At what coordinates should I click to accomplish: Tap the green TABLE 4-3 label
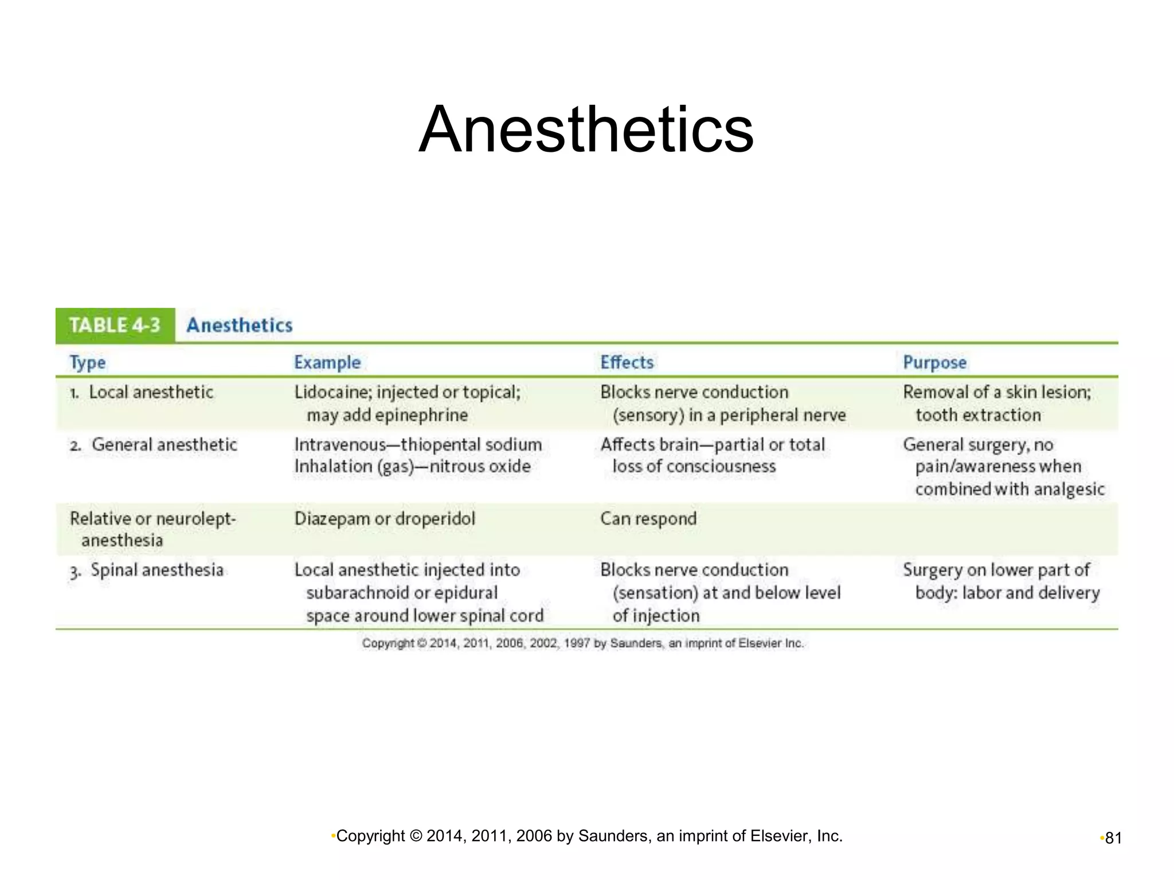115,325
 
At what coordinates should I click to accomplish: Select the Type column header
87,363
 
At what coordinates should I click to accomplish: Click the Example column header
327,363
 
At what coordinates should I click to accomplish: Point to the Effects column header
627,363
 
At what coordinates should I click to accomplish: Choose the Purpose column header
934,363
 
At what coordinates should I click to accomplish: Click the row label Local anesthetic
151,392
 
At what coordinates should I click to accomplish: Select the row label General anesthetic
164,445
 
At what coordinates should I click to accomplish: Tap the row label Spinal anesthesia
156,570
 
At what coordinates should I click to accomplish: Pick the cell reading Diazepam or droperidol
385,519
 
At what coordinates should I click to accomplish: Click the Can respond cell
648,519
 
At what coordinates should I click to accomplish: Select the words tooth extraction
978,415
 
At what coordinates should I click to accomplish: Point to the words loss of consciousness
694,467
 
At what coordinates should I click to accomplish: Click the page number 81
1113,838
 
